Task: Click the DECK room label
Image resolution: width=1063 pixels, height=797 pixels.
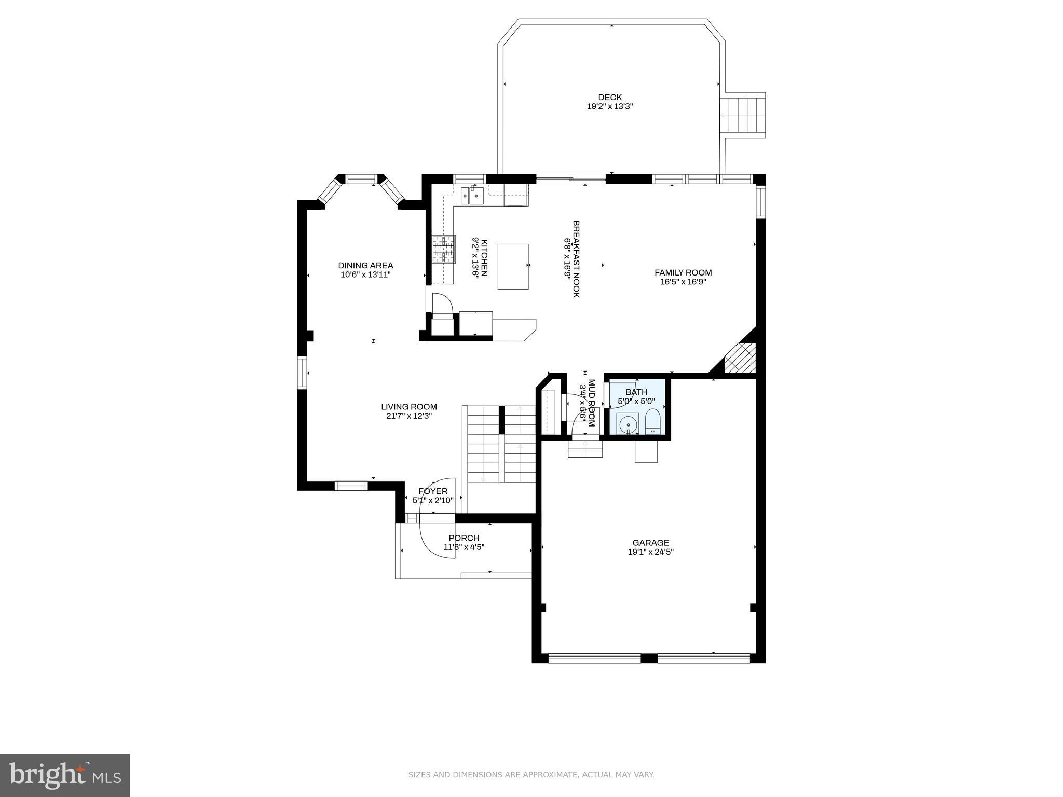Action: [x=609, y=97]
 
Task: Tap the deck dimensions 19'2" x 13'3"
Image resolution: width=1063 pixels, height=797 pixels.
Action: [x=609, y=106]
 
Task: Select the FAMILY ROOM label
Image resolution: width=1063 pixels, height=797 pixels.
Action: [x=683, y=272]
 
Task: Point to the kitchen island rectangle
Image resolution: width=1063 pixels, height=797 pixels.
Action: [x=513, y=266]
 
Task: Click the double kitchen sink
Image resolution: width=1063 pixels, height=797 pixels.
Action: [x=472, y=196]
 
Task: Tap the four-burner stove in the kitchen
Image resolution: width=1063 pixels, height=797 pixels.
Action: [x=444, y=249]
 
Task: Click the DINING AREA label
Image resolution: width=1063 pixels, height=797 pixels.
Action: [x=365, y=266]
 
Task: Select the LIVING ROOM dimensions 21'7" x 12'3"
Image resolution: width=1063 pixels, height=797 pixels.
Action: [x=409, y=416]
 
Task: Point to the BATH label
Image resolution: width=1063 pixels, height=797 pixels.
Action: [x=636, y=392]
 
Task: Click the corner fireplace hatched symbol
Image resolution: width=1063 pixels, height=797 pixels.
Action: [x=739, y=358]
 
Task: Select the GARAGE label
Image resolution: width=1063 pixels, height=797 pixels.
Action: [x=650, y=543]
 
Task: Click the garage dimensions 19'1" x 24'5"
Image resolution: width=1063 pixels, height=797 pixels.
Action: [x=650, y=552]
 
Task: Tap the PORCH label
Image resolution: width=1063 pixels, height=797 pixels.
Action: [x=464, y=538]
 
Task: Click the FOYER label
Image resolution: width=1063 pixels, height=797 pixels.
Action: [x=433, y=491]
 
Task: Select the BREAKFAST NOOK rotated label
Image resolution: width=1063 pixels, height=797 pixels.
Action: [x=576, y=258]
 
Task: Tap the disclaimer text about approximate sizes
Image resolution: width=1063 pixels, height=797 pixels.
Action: [x=531, y=775]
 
